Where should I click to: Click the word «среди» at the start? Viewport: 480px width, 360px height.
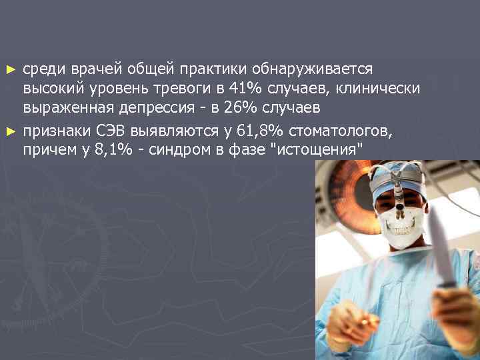[42, 69]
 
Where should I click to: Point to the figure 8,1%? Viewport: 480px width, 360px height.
[109, 149]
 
